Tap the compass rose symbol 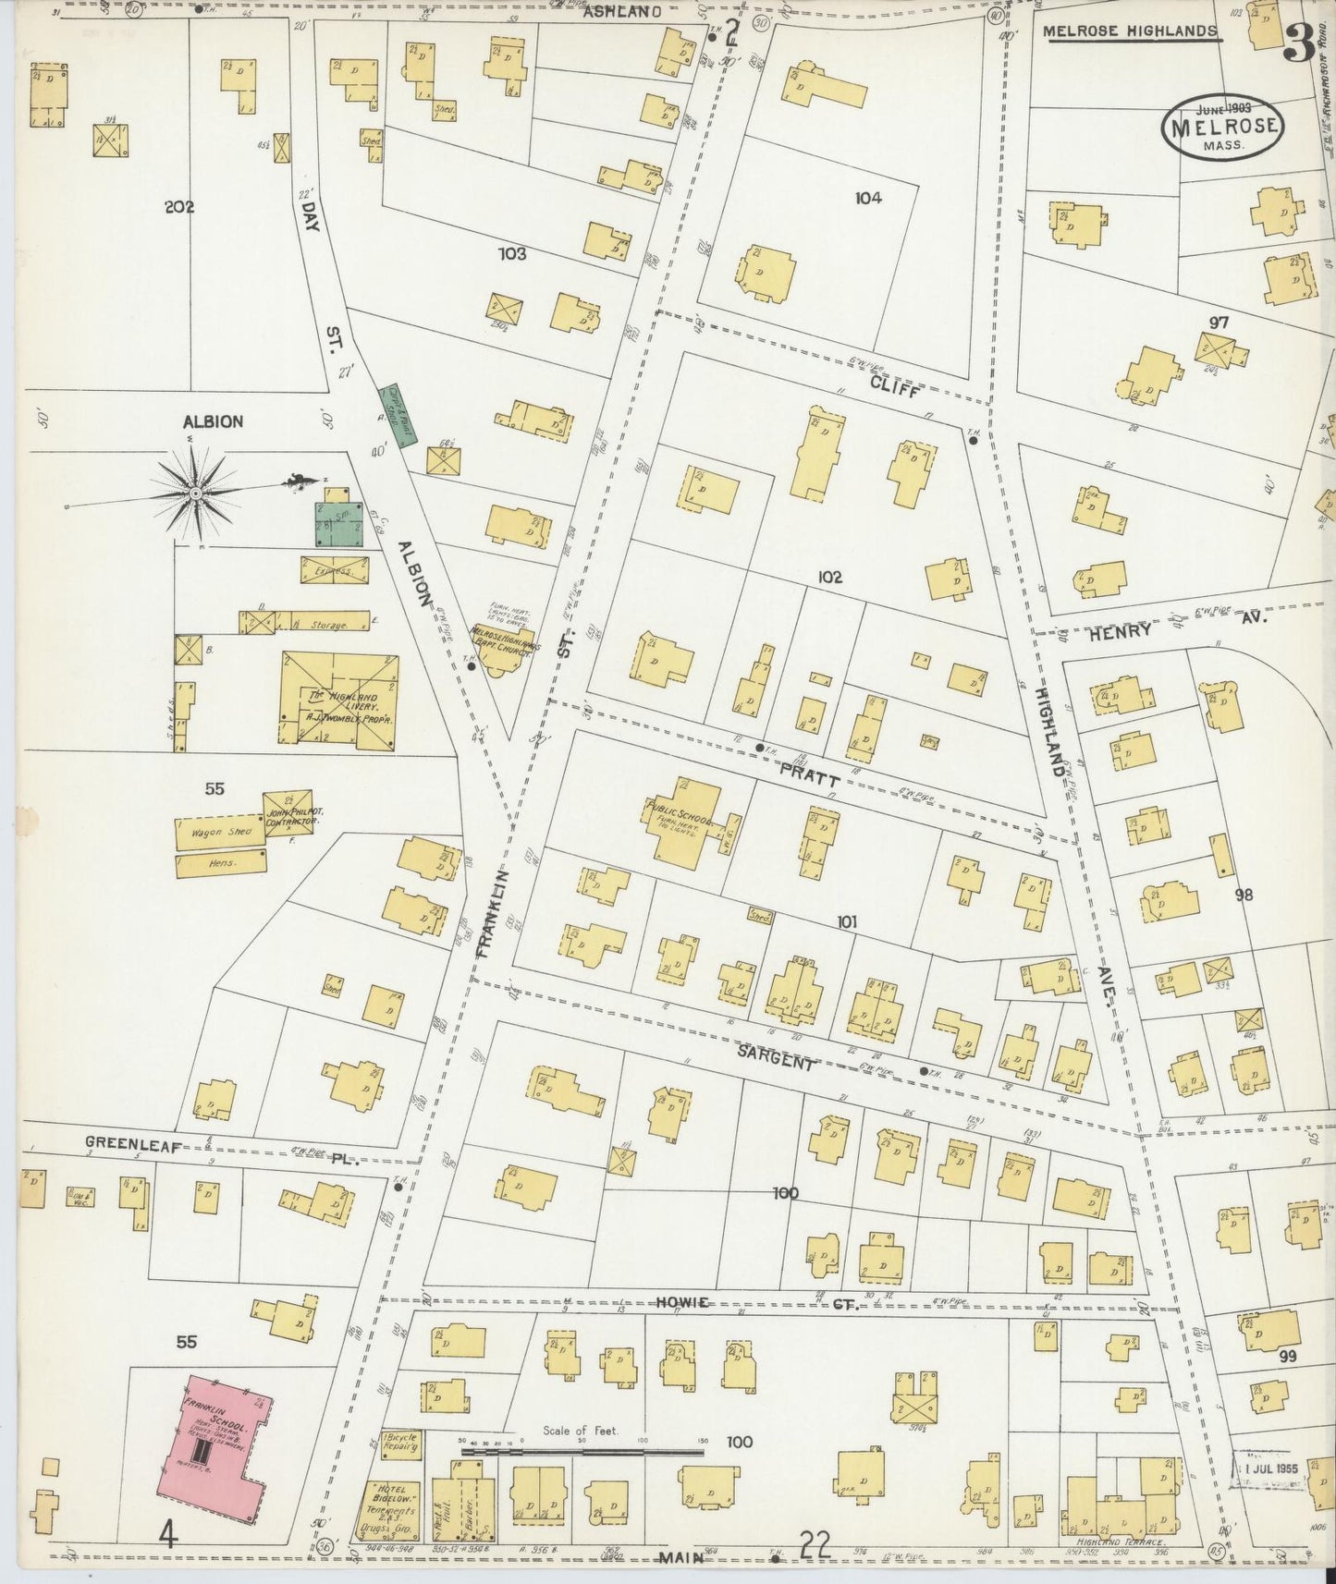point(195,495)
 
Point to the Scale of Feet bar point(582,1478)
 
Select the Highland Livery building point(339,699)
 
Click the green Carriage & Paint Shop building point(398,416)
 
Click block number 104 point(868,197)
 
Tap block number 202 point(178,207)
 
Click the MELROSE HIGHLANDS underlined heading point(1130,31)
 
